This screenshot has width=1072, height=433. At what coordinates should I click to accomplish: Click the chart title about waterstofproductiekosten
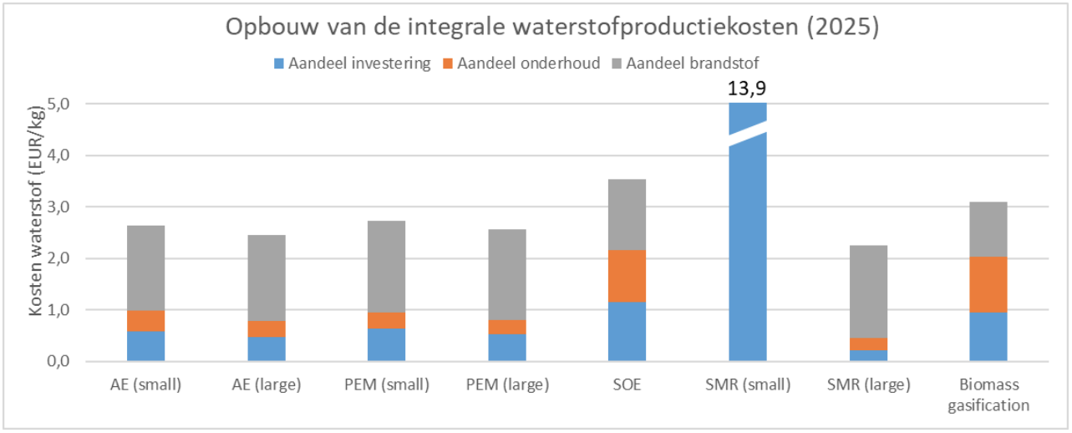[x=551, y=28]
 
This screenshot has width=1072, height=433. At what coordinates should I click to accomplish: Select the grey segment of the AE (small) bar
[x=145, y=267]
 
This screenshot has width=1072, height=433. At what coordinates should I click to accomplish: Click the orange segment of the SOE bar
[x=627, y=276]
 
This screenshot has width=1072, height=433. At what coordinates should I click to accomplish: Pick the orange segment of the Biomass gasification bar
[x=988, y=284]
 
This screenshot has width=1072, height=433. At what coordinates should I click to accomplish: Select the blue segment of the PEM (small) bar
[x=386, y=344]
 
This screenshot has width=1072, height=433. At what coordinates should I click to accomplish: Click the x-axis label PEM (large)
[x=506, y=385]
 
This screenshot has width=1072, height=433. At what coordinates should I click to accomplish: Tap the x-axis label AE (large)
[x=266, y=385]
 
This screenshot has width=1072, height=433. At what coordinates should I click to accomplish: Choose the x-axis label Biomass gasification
[x=988, y=395]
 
